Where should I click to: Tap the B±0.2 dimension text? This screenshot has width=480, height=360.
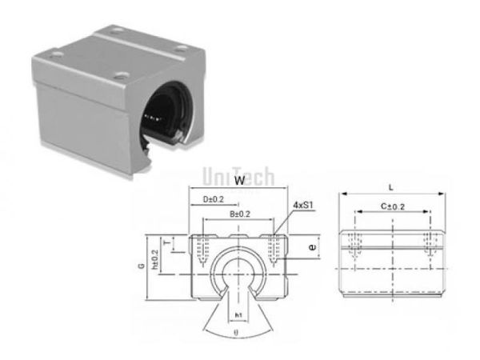[x=239, y=214]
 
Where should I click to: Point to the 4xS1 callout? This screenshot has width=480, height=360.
[x=302, y=205]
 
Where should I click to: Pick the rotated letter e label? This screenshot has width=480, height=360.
[x=311, y=248]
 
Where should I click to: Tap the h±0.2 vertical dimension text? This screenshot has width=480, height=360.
[x=154, y=258]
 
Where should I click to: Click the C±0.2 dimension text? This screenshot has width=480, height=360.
[x=391, y=206]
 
